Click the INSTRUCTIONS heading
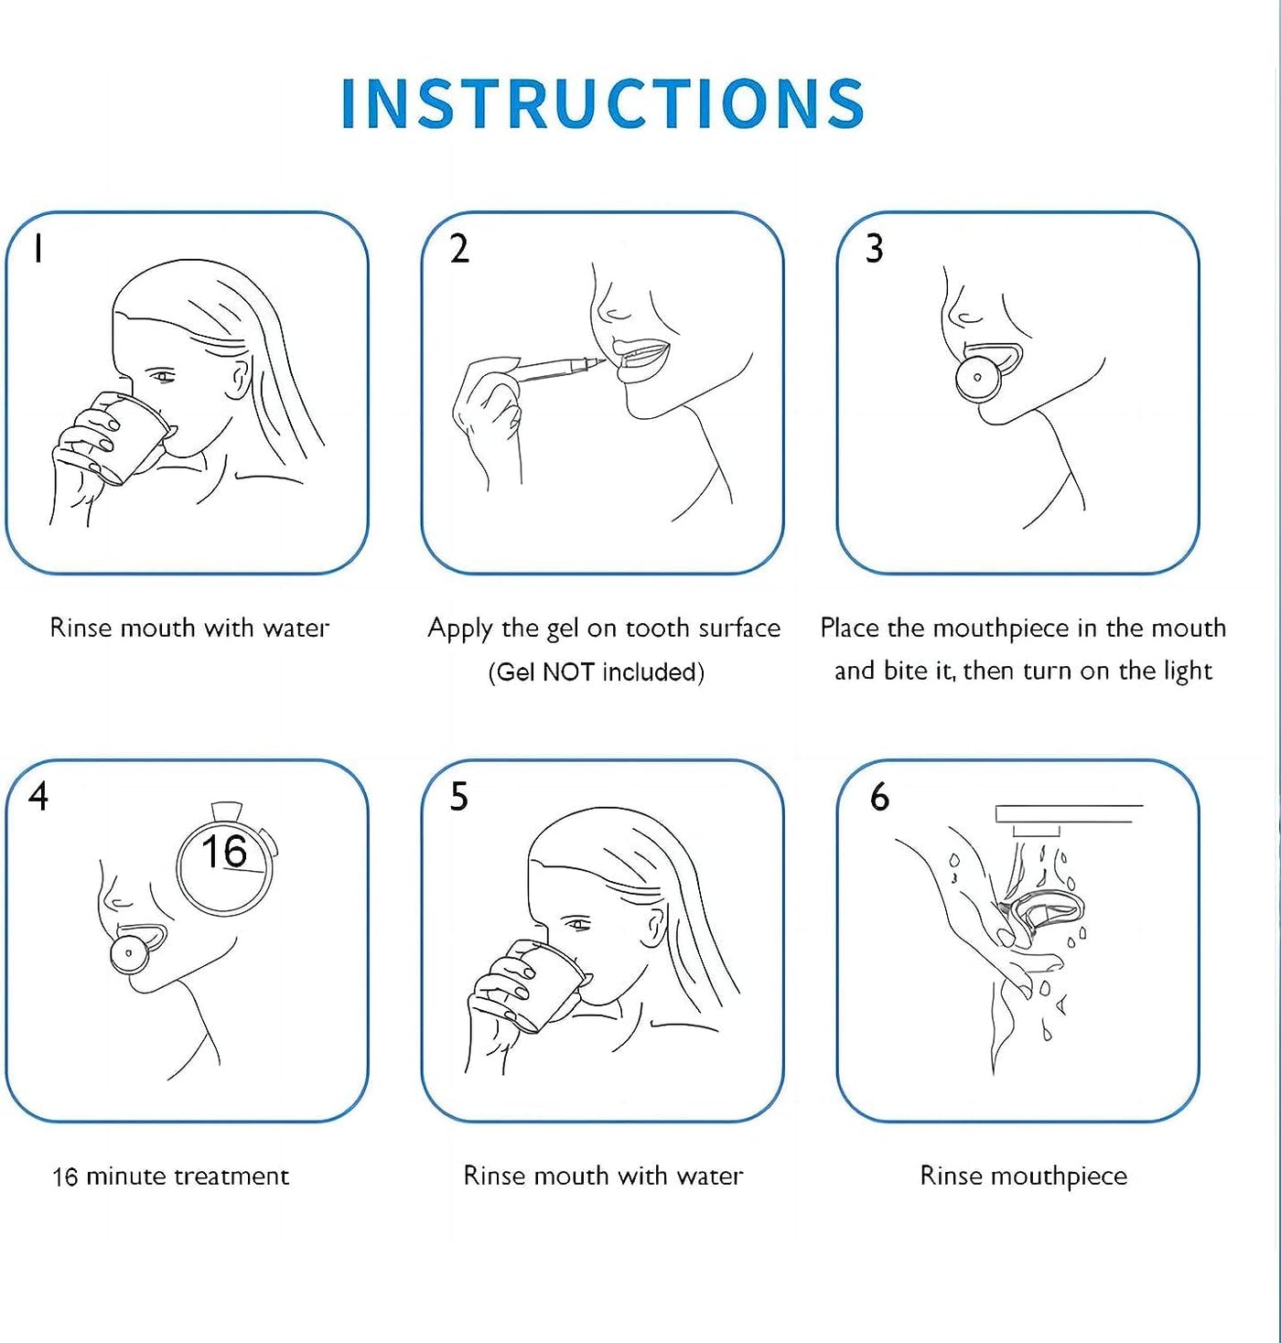pos(603,102)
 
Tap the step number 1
pos(39,247)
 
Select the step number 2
pos(460,249)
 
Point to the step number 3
pos(874,249)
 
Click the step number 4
pos(38,797)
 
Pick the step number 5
pos(459,797)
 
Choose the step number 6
pos(880,797)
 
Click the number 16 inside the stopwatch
pos(224,852)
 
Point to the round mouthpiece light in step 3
pos(977,378)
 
